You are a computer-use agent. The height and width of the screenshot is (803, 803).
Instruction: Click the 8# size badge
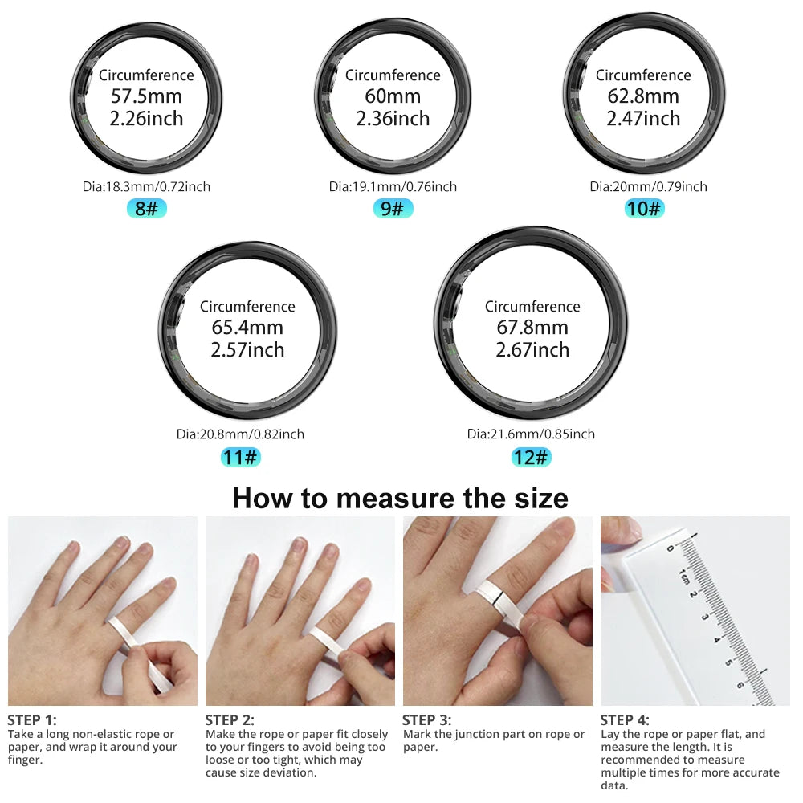pos(146,209)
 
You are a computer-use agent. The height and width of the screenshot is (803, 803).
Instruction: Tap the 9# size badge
pos(393,209)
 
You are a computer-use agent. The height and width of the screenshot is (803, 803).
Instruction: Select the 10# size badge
pos(645,209)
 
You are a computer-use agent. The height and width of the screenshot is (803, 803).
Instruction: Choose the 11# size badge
pos(241,458)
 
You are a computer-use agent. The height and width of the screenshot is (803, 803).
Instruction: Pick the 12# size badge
pos(532,458)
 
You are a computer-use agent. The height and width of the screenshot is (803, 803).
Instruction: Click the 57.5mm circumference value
pos(146,97)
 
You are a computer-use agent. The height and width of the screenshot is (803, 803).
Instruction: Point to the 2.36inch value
pos(393,119)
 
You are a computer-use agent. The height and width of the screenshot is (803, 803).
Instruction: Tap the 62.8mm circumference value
pos(643,97)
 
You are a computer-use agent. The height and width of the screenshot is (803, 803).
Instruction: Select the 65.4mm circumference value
pos(247,328)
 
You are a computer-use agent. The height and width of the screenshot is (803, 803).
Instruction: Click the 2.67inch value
pos(532,350)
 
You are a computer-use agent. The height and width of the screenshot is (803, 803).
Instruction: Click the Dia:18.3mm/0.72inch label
pos(146,187)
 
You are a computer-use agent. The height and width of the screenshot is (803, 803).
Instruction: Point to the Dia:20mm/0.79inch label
pos(648,187)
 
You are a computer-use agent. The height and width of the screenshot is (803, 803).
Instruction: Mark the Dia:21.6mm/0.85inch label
pos(531,434)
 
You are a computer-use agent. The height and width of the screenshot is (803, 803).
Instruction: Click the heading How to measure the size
pos(400,499)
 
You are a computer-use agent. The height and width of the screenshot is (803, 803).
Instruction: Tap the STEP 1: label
pos(32,720)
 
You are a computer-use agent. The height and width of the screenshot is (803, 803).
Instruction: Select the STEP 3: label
pos(426,720)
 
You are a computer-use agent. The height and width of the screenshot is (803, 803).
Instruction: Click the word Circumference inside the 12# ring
pos(532,307)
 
